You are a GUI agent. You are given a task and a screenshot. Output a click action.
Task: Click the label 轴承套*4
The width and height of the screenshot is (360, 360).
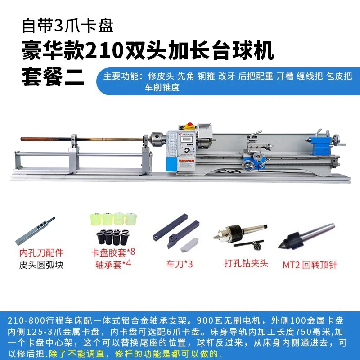pos(113,264)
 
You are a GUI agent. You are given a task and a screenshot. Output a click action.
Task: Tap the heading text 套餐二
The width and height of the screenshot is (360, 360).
pos(54,77)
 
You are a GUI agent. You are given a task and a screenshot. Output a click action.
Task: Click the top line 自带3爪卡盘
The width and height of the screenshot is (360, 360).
pos(68,25)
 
